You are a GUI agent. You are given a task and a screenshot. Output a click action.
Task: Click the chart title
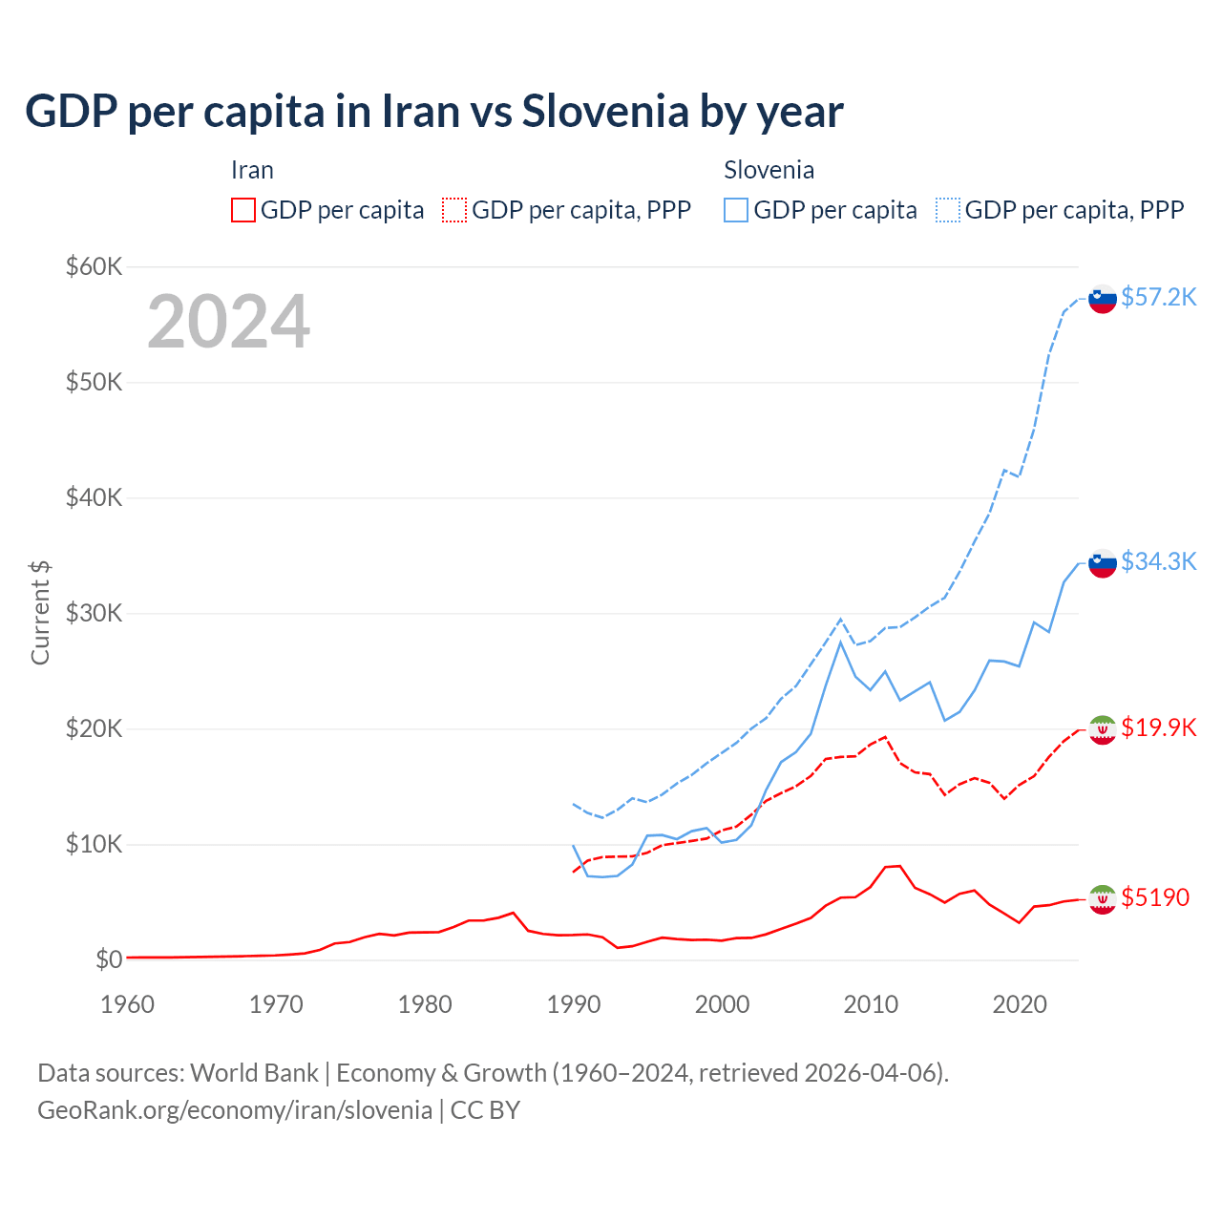coord(434,112)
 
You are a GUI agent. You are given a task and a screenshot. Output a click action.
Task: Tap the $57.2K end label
coord(1158,297)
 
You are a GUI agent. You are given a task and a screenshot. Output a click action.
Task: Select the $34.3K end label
coord(1158,561)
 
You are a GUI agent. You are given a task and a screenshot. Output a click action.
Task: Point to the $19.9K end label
coord(1158,728)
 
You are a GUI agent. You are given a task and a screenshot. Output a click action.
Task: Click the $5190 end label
coord(1155,897)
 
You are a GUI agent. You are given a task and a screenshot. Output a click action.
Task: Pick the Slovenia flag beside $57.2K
coord(1103,299)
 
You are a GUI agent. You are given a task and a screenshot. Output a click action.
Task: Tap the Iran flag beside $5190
coord(1103,899)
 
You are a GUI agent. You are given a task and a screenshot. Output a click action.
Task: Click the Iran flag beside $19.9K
coord(1103,729)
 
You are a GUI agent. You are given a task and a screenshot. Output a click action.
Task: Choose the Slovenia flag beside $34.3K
coord(1103,563)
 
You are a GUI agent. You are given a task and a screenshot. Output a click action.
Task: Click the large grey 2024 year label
coord(229,322)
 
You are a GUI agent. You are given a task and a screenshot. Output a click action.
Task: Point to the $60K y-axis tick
coord(94,266)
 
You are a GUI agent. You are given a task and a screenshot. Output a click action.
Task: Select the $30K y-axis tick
coord(94,613)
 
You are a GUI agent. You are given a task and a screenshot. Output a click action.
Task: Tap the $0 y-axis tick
coord(108,959)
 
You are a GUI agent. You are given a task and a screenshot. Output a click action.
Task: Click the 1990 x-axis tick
coord(574,1004)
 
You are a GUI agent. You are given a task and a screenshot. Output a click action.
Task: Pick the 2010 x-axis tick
coord(871,1004)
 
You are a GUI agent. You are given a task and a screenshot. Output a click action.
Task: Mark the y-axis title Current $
coord(40,613)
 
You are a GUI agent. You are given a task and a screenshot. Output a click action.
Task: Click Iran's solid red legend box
coord(243,210)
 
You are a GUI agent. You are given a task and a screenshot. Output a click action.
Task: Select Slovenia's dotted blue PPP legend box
coord(948,210)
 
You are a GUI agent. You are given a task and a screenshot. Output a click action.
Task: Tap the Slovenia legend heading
coord(769,170)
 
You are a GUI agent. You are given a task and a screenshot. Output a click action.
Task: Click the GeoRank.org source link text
coord(235,1110)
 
